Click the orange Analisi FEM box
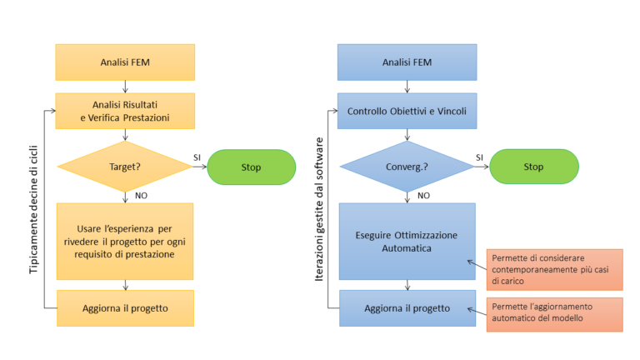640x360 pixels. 125,62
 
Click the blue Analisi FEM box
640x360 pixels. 407,62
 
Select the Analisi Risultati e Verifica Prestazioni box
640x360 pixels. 125,111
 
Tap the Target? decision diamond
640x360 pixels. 125,167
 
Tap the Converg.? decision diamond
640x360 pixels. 407,167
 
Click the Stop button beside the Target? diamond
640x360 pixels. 251,167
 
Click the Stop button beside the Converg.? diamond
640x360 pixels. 533,167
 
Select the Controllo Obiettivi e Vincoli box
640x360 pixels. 407,111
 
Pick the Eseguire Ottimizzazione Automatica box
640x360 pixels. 407,242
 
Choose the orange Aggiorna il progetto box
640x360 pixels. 125,308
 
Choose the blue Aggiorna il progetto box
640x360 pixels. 407,308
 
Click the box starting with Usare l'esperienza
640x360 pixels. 125,242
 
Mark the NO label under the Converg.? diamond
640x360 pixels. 423,196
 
